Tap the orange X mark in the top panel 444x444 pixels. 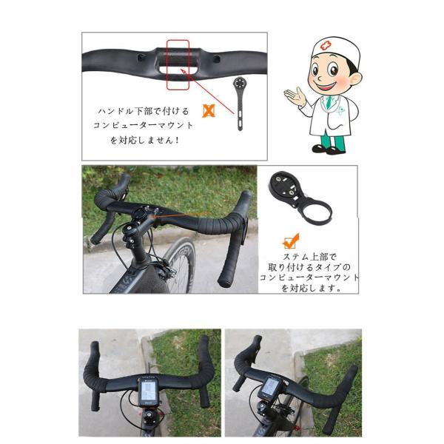209,111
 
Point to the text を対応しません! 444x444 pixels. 140,139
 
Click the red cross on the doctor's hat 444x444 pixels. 325,46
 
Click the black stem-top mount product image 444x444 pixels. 304,201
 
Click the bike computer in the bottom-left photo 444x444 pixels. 149,393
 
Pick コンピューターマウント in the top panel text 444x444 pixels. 140,125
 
